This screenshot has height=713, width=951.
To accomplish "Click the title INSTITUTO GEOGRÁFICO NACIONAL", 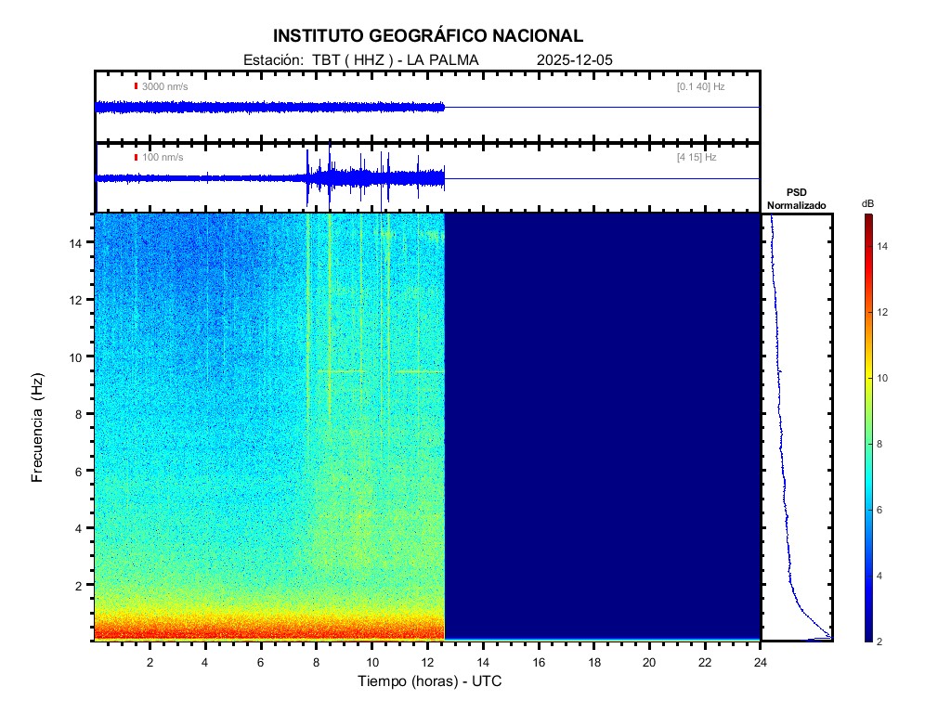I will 428,36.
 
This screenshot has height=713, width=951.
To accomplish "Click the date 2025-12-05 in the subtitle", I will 575,60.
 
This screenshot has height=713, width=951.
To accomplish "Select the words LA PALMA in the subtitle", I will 449,60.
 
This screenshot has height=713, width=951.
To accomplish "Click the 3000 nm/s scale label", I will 164,86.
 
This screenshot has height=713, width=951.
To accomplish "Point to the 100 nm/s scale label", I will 163,158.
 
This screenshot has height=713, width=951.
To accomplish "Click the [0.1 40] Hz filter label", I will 700,86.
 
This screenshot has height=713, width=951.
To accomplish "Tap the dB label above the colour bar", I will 867,202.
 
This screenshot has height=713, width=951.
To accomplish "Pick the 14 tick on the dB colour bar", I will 885,246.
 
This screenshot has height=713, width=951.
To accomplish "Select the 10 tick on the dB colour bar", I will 885,379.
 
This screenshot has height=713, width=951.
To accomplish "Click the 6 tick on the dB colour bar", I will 883,511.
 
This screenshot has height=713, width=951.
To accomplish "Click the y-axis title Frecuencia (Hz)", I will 38,428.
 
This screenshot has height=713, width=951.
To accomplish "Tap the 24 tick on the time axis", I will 761,662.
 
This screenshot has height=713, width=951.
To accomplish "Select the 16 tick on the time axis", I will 539,662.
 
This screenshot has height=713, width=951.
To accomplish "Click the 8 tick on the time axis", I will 317,662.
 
